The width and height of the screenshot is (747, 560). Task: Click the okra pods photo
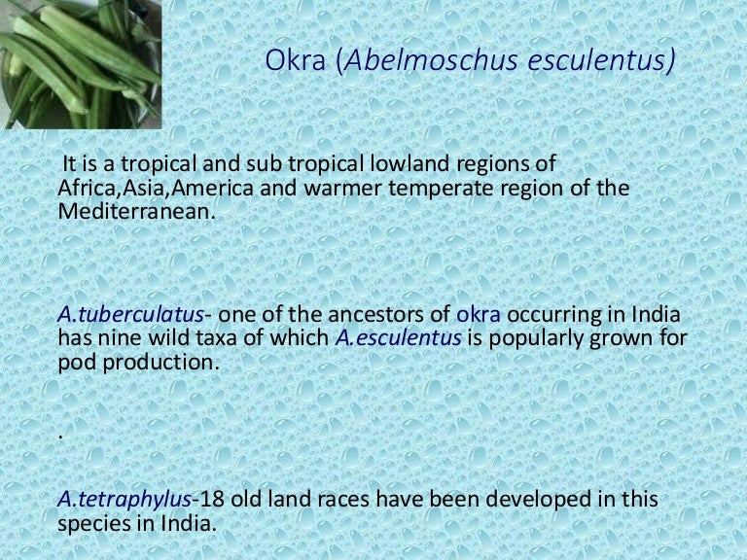pyautogui.click(x=80, y=64)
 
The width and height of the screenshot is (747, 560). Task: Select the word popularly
pyautogui.click(x=538, y=337)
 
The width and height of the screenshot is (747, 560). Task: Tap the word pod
pyautogui.click(x=75, y=361)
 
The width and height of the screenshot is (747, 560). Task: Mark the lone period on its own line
pyautogui.click(x=61, y=436)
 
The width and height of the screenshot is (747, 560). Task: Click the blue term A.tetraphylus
pyautogui.click(x=124, y=501)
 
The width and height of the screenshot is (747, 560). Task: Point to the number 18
pyautogui.click(x=209, y=501)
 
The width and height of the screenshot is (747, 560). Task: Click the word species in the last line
pyautogui.click(x=93, y=524)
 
